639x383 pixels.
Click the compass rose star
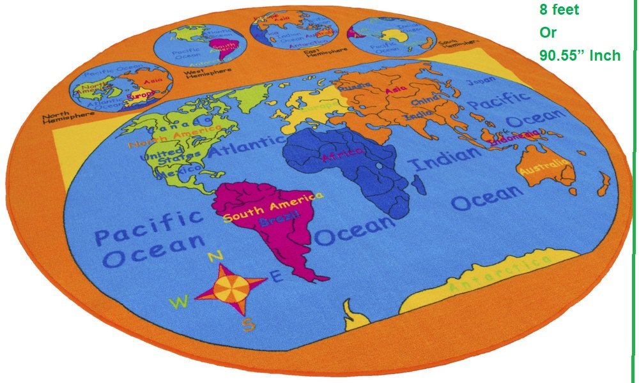pyautogui.click(x=229, y=289)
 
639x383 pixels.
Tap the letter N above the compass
pyautogui.click(x=215, y=256)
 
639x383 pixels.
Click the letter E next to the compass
pyautogui.click(x=276, y=276)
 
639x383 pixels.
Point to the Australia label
pyautogui.click(x=544, y=168)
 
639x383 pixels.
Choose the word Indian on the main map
pyautogui.click(x=445, y=157)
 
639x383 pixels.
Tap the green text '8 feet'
pyautogui.click(x=559, y=11)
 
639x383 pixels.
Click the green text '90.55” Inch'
pyautogui.click(x=580, y=56)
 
